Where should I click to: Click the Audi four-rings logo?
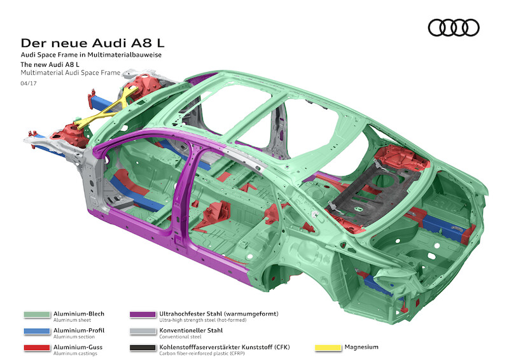454,27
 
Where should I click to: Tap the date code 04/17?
27,83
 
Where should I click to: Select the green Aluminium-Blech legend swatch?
37,314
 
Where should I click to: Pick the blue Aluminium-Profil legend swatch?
37,331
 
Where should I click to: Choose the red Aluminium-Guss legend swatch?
37,347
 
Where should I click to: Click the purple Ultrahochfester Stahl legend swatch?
143,314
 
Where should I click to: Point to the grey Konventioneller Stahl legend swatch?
143,331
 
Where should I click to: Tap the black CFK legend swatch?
143,347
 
